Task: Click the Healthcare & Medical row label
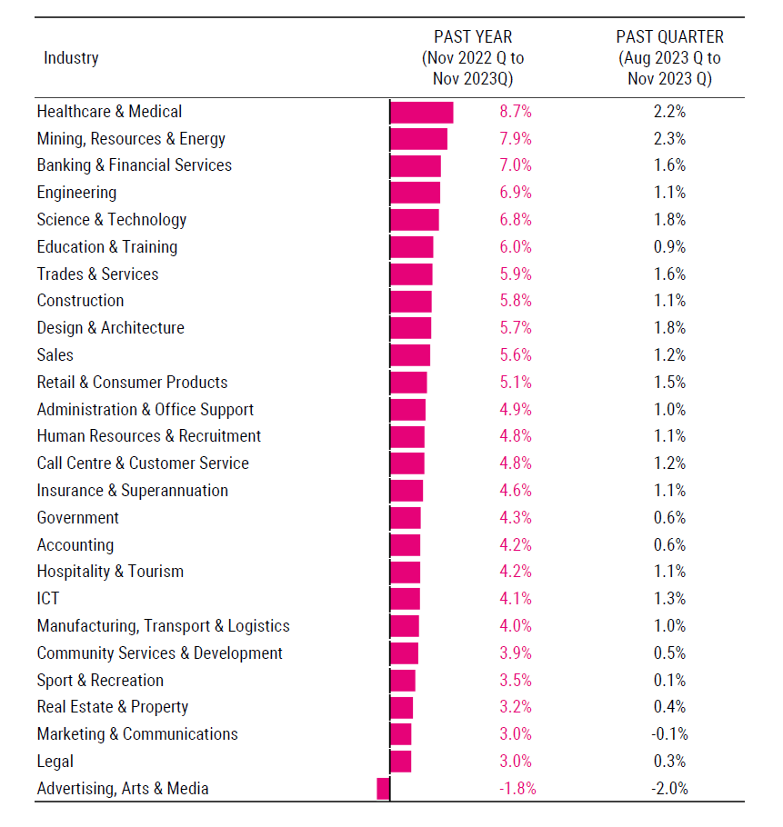pyautogui.click(x=109, y=112)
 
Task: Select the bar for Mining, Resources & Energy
pyautogui.click(x=418, y=139)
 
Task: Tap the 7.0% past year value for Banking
pyautogui.click(x=515, y=165)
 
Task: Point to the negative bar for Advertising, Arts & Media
pyautogui.click(x=383, y=789)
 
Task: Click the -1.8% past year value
pyautogui.click(x=517, y=789)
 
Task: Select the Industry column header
pyautogui.click(x=71, y=58)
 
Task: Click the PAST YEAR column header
pyautogui.click(x=473, y=58)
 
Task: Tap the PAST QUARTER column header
pyautogui.click(x=669, y=58)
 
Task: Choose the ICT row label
pyautogui.click(x=48, y=599)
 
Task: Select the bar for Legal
pyautogui.click(x=400, y=762)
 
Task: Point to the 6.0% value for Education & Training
pyautogui.click(x=515, y=247)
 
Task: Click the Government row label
pyautogui.click(x=78, y=518)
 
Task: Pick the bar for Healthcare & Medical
pyautogui.click(x=421, y=112)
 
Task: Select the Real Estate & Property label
pyautogui.click(x=113, y=707)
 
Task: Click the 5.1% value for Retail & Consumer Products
pyautogui.click(x=515, y=383)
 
